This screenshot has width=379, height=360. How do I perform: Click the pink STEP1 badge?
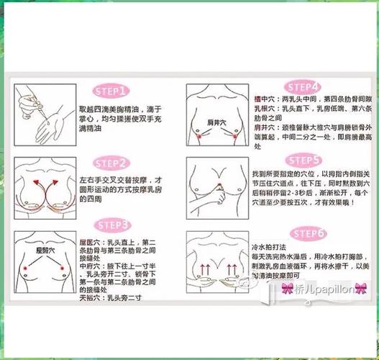[112, 91]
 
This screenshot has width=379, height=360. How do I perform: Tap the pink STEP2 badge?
[112, 163]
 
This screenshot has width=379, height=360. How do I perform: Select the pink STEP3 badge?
[112, 224]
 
